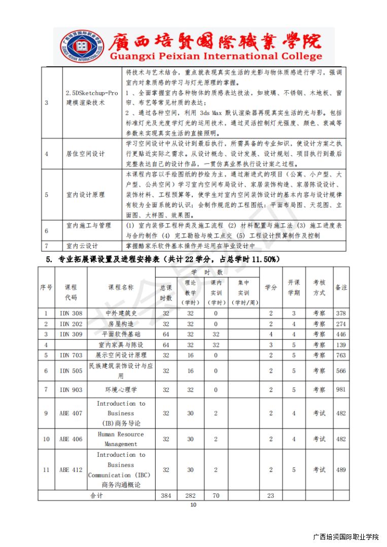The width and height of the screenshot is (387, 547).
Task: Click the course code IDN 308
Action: pyautogui.click(x=71, y=314)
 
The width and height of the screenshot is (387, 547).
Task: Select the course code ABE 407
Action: pyautogui.click(x=71, y=413)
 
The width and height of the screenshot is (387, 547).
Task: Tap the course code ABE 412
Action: pyautogui.click(x=71, y=470)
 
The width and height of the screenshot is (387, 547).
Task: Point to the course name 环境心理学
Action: pyautogui.click(x=121, y=390)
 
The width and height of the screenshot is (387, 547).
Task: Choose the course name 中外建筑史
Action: pyautogui.click(x=121, y=314)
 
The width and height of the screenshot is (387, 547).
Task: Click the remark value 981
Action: pyautogui.click(x=341, y=390)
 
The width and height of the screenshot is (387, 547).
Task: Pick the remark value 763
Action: pyautogui.click(x=341, y=356)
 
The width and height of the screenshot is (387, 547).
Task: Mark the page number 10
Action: pyautogui.click(x=193, y=504)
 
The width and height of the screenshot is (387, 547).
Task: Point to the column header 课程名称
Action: pyautogui.click(x=121, y=287)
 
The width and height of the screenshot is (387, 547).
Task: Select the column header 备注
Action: pyautogui.click(x=341, y=287)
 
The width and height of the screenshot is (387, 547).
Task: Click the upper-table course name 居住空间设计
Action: pyautogui.click(x=85, y=153)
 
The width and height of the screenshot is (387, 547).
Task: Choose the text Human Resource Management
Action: pyautogui.click(x=121, y=439)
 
